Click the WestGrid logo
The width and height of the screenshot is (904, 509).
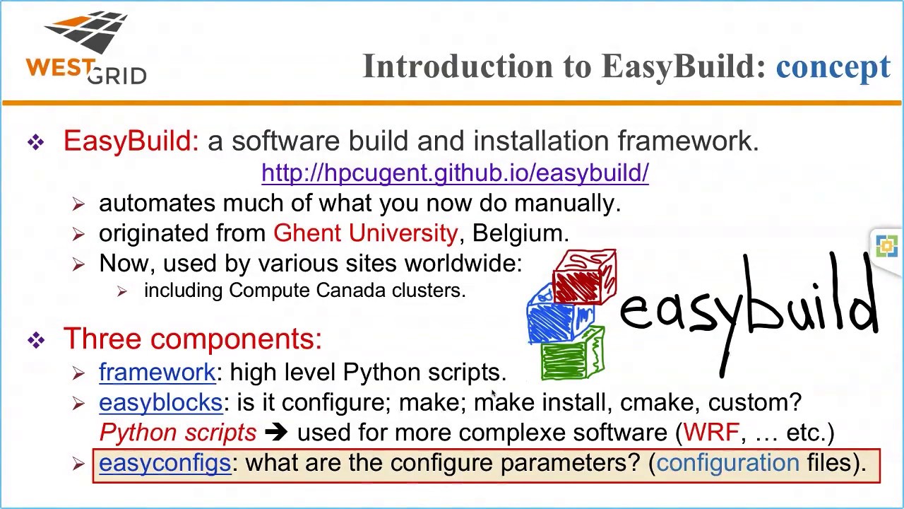click(x=86, y=48)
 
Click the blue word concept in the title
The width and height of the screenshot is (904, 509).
click(x=833, y=66)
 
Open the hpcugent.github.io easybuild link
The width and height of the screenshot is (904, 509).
click(x=455, y=172)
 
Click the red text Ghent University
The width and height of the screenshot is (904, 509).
click(x=365, y=233)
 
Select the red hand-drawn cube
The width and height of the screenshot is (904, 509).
click(x=585, y=276)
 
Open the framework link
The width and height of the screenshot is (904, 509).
click(x=157, y=373)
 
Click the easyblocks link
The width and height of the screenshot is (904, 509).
click(x=160, y=403)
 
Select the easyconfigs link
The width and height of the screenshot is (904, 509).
click(x=165, y=463)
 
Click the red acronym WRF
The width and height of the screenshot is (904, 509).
click(x=710, y=433)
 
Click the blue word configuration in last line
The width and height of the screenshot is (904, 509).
click(x=727, y=463)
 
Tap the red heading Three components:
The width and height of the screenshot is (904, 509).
click(x=192, y=339)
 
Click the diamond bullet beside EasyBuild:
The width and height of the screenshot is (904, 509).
click(x=36, y=143)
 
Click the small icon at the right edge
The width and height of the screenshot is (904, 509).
click(x=886, y=246)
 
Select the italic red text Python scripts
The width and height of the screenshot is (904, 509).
click(x=178, y=433)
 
